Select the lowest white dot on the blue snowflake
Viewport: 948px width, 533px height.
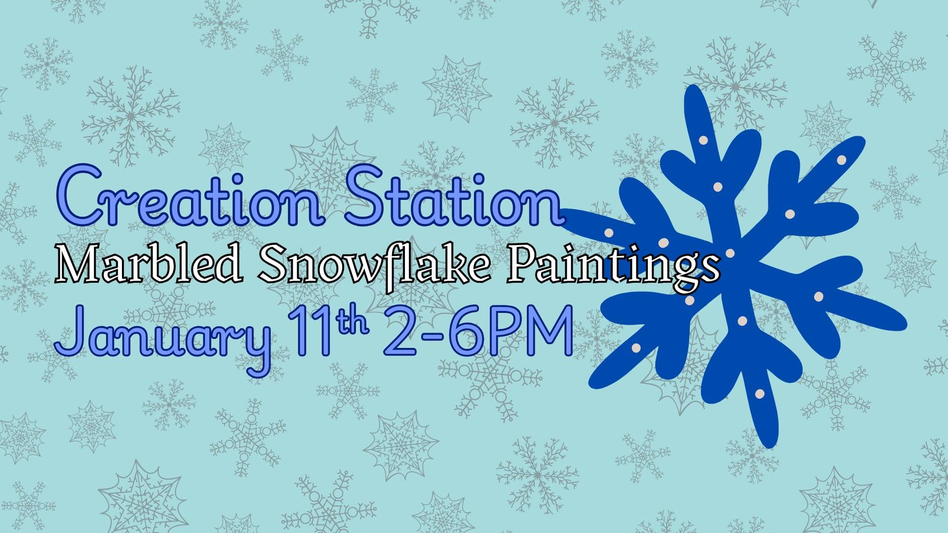[x=760, y=393]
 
